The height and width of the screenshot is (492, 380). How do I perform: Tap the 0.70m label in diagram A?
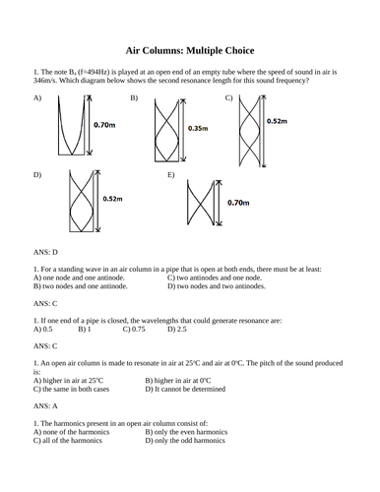106,127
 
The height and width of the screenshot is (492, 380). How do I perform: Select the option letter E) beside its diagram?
171,174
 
